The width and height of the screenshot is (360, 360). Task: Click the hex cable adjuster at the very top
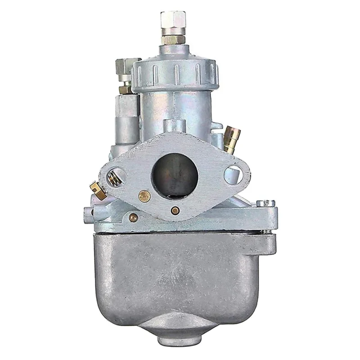[x=173, y=20]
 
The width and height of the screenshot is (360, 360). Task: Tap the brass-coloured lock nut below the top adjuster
[x=173, y=39]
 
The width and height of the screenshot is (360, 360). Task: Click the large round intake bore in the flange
[x=175, y=173]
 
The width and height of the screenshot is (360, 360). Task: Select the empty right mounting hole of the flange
[x=233, y=174]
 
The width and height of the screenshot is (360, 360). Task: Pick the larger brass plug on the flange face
[x=144, y=195]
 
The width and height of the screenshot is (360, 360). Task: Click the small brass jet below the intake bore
[x=175, y=210]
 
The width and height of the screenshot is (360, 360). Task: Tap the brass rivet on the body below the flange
[x=133, y=217]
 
